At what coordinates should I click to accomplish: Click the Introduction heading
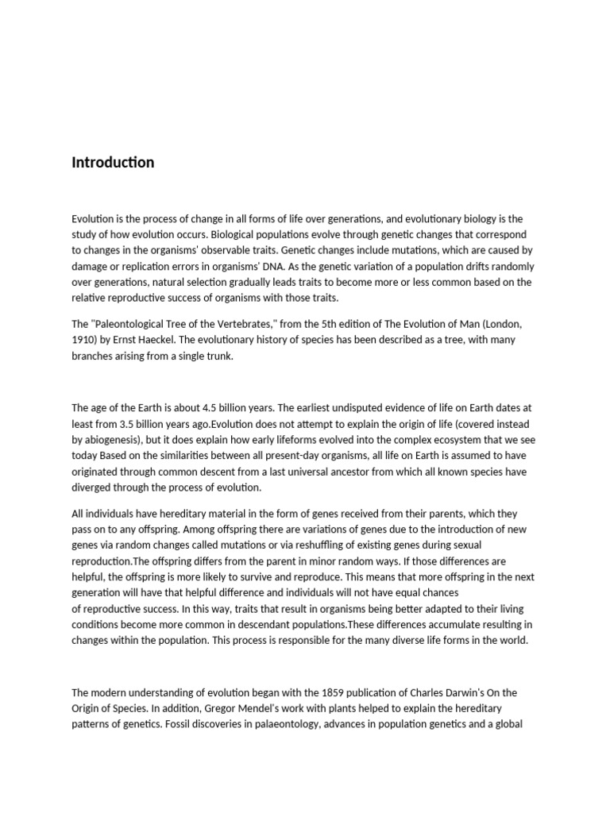pyautogui.click(x=113, y=163)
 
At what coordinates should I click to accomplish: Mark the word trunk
pyautogui.click(x=218, y=356)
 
